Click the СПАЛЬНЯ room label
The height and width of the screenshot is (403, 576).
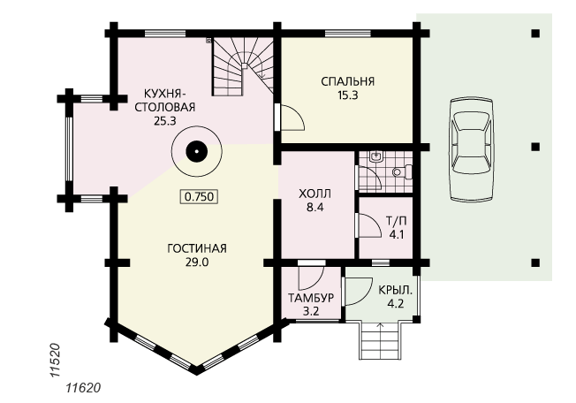347,81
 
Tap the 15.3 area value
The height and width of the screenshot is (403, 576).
347,95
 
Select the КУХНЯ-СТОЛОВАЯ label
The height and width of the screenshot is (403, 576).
165,100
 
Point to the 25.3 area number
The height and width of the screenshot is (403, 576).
165,121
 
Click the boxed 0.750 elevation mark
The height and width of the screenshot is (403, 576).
199,196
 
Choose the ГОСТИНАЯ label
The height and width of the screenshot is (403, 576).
197,248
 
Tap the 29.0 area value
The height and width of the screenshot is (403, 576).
197,262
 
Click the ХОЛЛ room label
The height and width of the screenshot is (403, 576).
315,194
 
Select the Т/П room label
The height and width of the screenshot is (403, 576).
397,221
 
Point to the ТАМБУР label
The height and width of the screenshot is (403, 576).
311,298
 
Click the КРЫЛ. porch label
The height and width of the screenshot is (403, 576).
396,290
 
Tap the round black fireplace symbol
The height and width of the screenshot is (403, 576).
197,151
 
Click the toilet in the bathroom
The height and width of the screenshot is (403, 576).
402,172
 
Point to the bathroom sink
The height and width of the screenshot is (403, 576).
375,156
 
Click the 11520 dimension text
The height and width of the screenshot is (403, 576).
55,361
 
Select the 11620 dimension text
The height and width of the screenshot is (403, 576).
83,388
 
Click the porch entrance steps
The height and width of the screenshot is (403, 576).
380,340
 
